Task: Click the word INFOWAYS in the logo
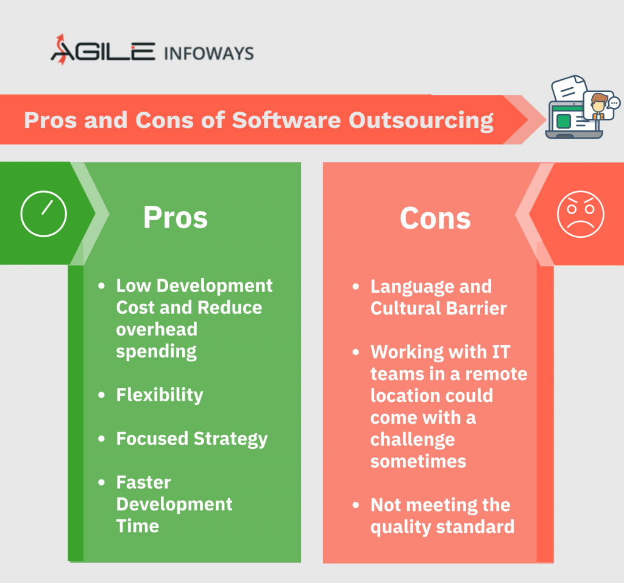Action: pyautogui.click(x=208, y=54)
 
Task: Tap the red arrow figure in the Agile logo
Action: pyautogui.click(x=61, y=49)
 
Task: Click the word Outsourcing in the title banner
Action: pyautogui.click(x=421, y=121)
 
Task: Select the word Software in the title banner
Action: pyautogui.click(x=286, y=120)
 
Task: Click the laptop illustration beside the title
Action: pyautogui.click(x=574, y=120)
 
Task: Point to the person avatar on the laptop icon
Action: pyautogui.click(x=598, y=105)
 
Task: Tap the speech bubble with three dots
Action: pyautogui.click(x=614, y=103)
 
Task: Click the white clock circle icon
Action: pyautogui.click(x=44, y=214)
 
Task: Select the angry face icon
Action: pyautogui.click(x=581, y=214)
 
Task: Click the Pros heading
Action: pyautogui.click(x=175, y=218)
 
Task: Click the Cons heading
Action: pyautogui.click(x=435, y=218)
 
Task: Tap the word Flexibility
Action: pyautogui.click(x=160, y=395)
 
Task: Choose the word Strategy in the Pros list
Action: pyautogui.click(x=230, y=439)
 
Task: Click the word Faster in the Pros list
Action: pyautogui.click(x=144, y=482)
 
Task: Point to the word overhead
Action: pyautogui.click(x=157, y=329)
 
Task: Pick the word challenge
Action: pyautogui.click(x=413, y=440)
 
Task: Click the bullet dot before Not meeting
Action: pyautogui.click(x=356, y=505)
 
